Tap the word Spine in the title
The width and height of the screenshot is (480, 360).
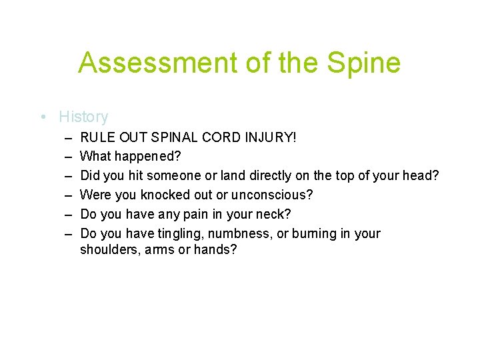click(x=366, y=63)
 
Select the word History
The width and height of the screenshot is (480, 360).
click(x=83, y=117)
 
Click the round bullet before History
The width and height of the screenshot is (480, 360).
click(x=43, y=117)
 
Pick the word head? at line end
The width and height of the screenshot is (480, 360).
click(x=423, y=177)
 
